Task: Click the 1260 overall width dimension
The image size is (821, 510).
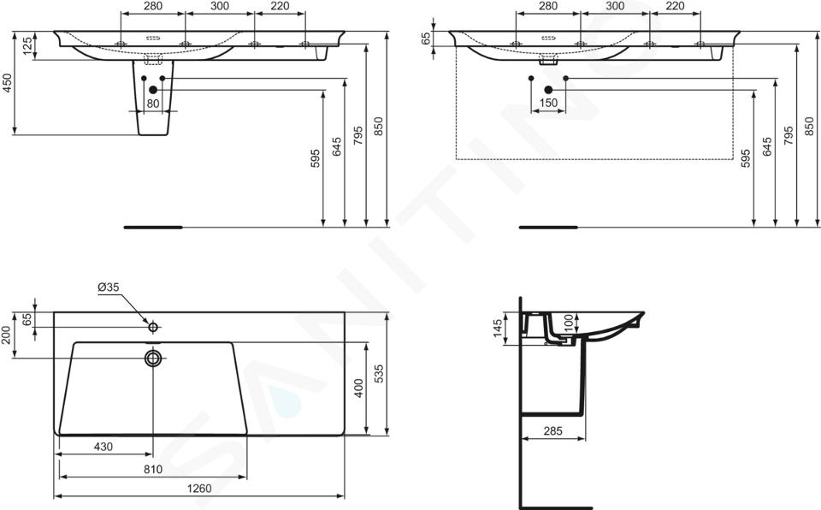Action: (199, 489)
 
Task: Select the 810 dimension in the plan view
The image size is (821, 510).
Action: (153, 469)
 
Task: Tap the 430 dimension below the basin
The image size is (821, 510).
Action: (103, 447)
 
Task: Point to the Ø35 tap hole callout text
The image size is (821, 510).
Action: (109, 287)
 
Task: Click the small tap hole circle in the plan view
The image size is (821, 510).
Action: (153, 327)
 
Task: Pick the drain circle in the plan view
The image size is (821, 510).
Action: (153, 358)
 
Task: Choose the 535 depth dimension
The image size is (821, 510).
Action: (380, 374)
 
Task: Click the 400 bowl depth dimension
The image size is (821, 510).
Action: (358, 388)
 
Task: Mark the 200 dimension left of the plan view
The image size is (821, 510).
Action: (6, 335)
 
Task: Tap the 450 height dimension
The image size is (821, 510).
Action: (6, 83)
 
